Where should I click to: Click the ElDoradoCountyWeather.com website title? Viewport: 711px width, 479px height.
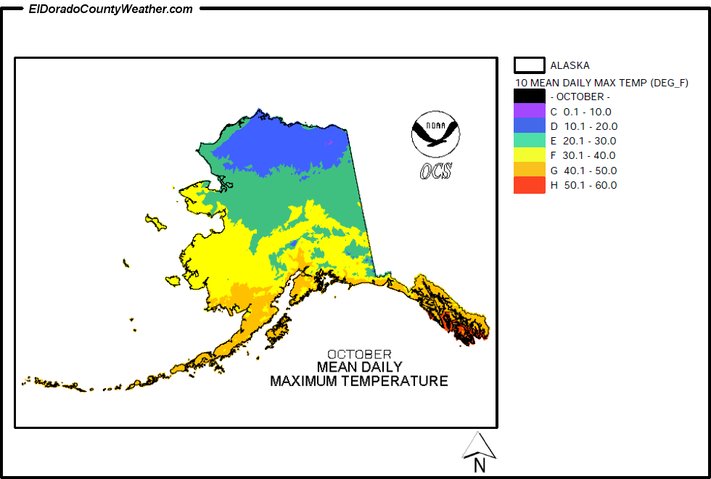click(x=110, y=9)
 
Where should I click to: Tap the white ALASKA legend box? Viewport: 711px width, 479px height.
click(x=529, y=65)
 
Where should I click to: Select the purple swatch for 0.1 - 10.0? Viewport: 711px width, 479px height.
click(x=529, y=111)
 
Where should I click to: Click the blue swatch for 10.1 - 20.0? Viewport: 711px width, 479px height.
click(x=529, y=126)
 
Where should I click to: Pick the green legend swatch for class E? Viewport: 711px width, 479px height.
click(x=529, y=140)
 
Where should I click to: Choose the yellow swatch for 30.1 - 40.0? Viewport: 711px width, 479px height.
click(x=529, y=155)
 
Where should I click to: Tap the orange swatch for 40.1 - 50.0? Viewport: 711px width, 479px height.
click(x=529, y=170)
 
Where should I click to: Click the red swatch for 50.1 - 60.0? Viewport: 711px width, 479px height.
click(x=529, y=185)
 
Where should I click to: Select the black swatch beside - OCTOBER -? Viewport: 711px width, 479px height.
click(x=529, y=96)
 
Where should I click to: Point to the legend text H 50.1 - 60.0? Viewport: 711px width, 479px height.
click(x=583, y=185)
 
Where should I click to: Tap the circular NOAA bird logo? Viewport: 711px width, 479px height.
click(x=435, y=134)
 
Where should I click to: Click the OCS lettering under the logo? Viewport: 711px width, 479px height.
click(x=435, y=171)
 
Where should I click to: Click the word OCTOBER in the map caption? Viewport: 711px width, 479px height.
click(x=359, y=355)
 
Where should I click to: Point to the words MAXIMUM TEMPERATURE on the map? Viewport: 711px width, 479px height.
click(x=359, y=381)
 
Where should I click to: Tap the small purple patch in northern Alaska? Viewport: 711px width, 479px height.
click(x=330, y=143)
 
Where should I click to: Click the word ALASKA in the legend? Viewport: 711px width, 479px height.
click(x=570, y=65)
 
